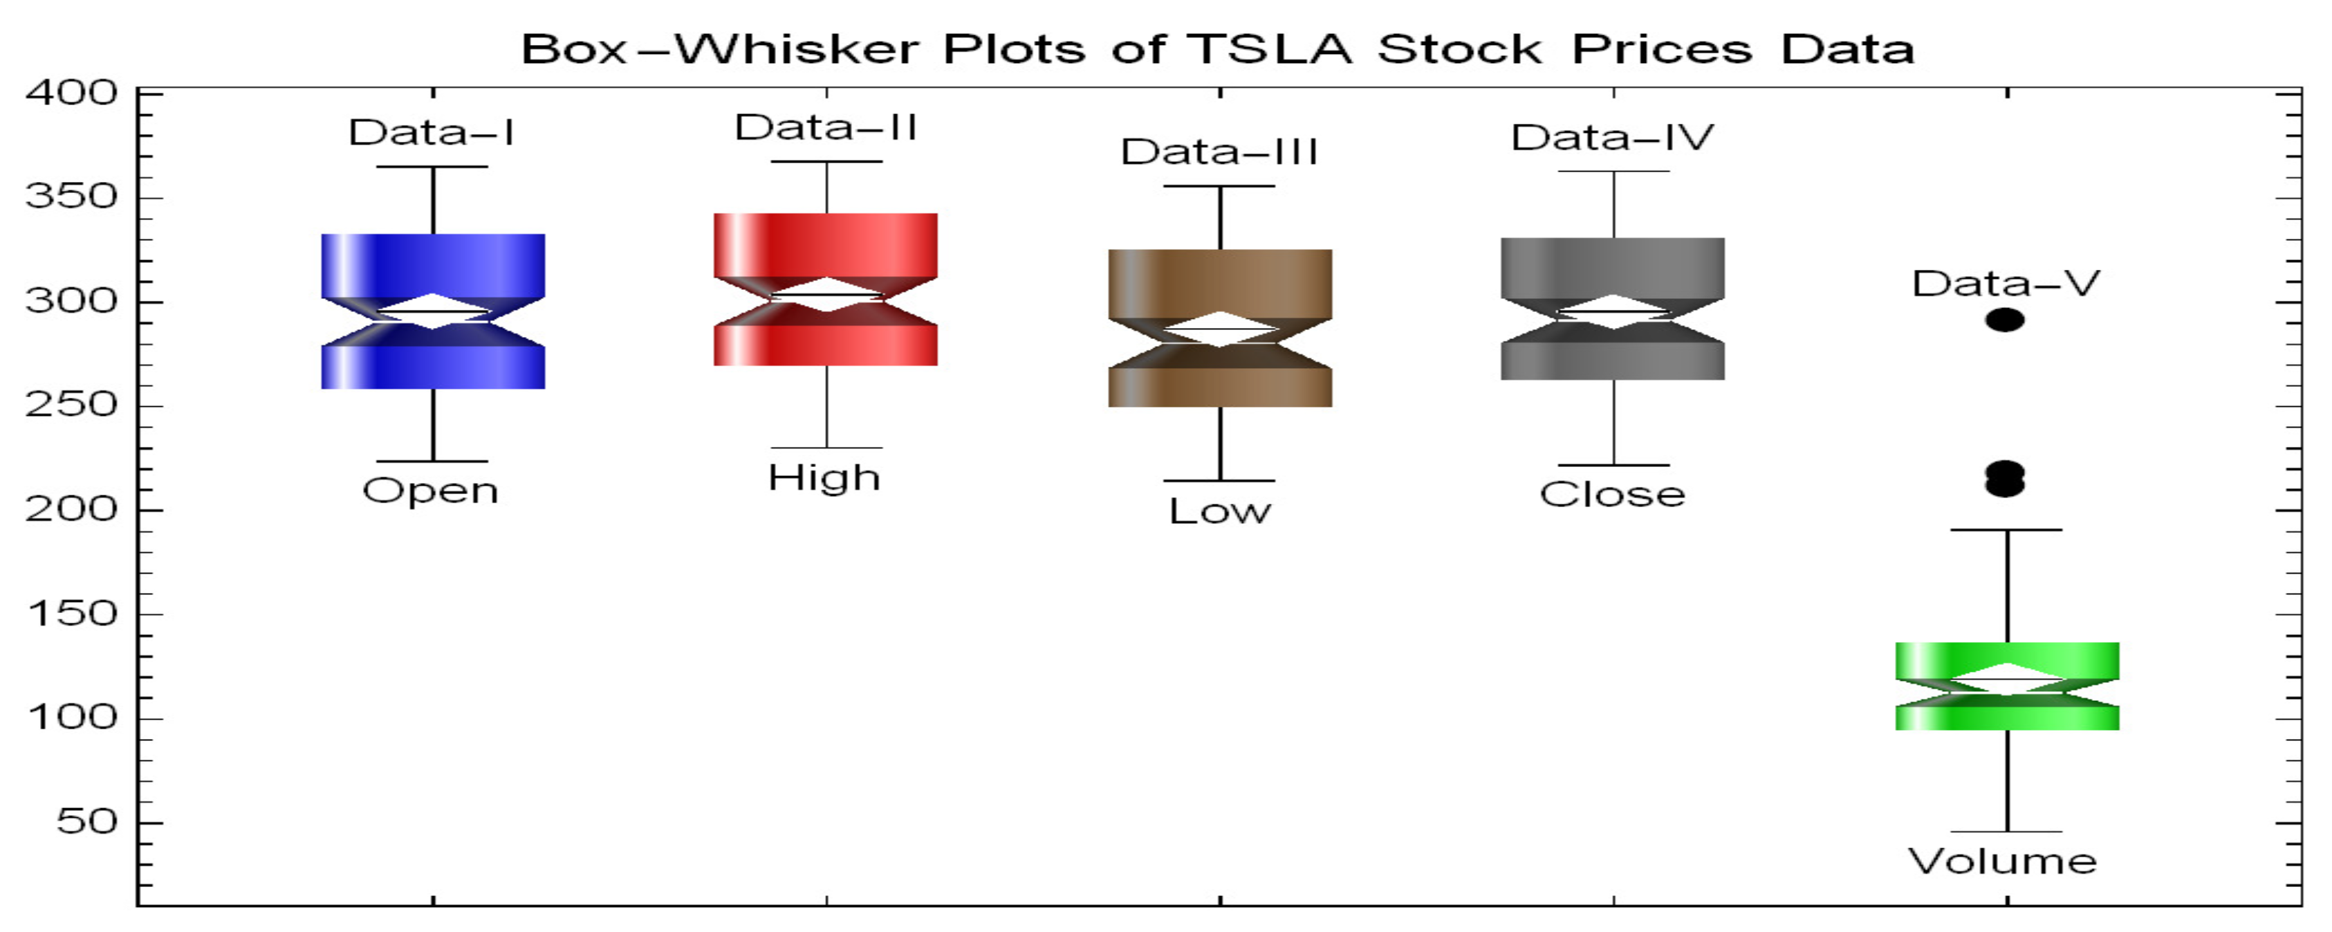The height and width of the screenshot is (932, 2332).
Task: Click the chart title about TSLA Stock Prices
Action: coord(1218,49)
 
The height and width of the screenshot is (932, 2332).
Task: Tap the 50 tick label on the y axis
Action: coord(87,821)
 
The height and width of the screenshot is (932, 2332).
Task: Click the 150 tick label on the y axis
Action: coord(73,614)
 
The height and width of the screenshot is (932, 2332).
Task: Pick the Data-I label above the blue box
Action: coord(432,133)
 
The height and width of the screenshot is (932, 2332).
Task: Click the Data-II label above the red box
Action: coord(826,128)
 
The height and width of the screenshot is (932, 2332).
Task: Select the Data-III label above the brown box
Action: coord(1219,152)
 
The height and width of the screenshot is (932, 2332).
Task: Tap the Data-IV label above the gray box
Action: coord(1612,138)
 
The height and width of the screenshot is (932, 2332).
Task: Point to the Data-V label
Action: coord(2005,284)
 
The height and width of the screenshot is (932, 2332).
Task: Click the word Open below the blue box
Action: coord(431,491)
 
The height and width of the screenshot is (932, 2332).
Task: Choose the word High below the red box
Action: coord(824,477)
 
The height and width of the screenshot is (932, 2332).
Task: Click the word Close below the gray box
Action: coord(1612,495)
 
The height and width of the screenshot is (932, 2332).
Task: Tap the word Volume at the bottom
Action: coord(2003,861)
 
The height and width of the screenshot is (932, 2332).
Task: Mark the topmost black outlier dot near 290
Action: coord(2005,320)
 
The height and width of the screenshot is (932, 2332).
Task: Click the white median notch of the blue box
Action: coord(433,311)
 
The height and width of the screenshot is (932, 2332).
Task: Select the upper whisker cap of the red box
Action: coord(826,162)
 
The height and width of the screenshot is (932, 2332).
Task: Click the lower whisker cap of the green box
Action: coord(2007,832)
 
